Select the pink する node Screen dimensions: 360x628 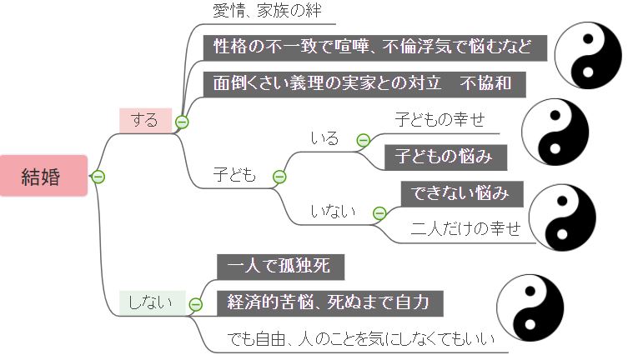tap(144, 120)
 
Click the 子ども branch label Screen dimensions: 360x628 tap(236, 176)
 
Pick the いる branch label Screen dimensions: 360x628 tap(325, 138)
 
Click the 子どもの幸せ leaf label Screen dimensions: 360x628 tap(440, 119)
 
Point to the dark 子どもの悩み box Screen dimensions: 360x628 tap(445, 156)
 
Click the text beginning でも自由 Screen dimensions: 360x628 tap(361, 339)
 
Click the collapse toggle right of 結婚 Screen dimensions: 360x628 tap(98, 177)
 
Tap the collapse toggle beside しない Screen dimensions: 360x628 tap(195, 304)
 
